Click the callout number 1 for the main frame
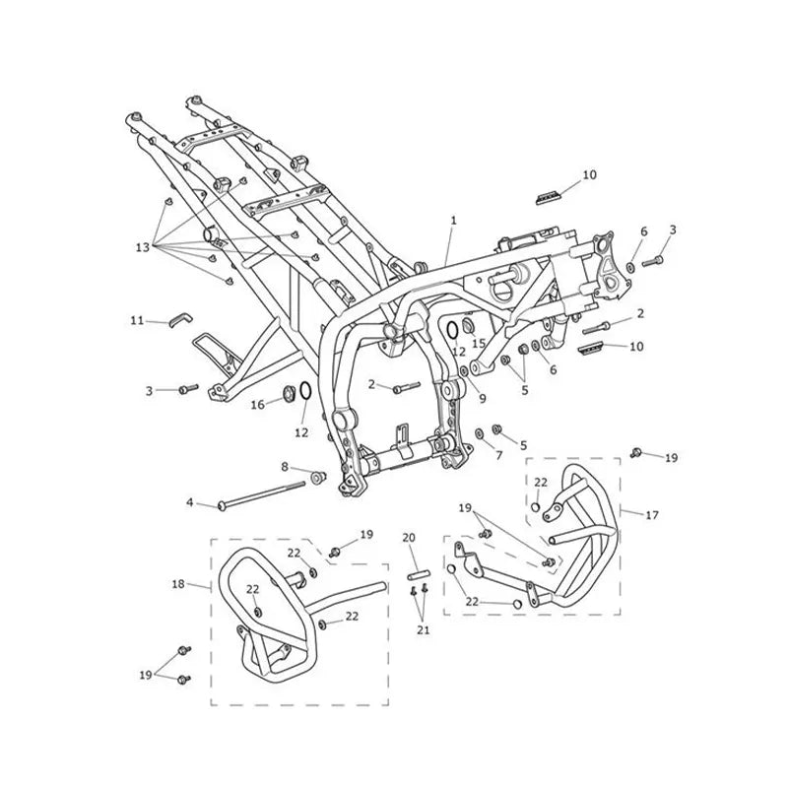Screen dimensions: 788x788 pyautogui.click(x=453, y=220)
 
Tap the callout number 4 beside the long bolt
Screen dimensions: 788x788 pyautogui.click(x=189, y=502)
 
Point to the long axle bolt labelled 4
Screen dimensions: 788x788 pyautogui.click(x=262, y=494)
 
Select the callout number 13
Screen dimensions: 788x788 pyautogui.click(x=143, y=247)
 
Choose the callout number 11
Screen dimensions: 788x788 pyautogui.click(x=137, y=320)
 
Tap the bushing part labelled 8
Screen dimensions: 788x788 pyautogui.click(x=317, y=477)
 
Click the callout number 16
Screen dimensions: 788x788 pyautogui.click(x=257, y=405)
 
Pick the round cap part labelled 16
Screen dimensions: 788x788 pyautogui.click(x=290, y=394)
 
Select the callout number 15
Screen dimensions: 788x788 pyautogui.click(x=479, y=343)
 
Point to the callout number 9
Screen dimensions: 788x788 pyautogui.click(x=483, y=399)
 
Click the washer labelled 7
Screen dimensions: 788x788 pyautogui.click(x=480, y=433)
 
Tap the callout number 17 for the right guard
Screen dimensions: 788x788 pyautogui.click(x=652, y=515)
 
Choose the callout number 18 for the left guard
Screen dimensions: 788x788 pyautogui.click(x=178, y=584)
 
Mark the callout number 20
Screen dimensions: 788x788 pyautogui.click(x=409, y=538)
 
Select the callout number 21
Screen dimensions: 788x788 pyautogui.click(x=424, y=629)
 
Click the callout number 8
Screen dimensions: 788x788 pyautogui.click(x=285, y=467)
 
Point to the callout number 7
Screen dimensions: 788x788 pyautogui.click(x=499, y=456)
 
